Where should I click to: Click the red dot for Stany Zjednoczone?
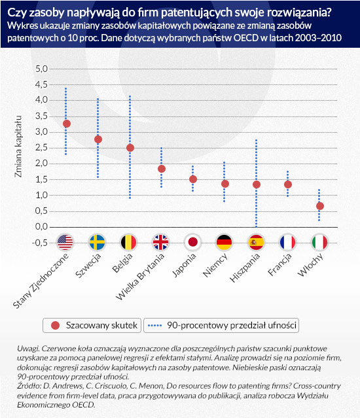[66, 124]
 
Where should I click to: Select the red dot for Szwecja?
[98, 139]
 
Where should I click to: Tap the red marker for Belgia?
[130, 148]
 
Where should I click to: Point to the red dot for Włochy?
[320, 206]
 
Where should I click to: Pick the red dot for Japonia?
[193, 179]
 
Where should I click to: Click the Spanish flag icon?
[257, 242]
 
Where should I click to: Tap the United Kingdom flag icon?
[160, 242]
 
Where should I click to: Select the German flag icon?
[225, 242]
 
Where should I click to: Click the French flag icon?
[288, 242]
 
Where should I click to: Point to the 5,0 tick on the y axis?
[41, 69]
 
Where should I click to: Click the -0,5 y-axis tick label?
[40, 243]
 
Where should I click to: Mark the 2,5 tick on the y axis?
[41, 148]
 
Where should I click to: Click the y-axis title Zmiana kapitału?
[18, 147]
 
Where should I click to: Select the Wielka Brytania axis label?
[140, 277]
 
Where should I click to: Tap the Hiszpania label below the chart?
[245, 268]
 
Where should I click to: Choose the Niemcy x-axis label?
[215, 265]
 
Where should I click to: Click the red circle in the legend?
[55, 325]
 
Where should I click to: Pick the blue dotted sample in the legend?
[154, 326]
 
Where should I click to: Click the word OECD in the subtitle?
[246, 38]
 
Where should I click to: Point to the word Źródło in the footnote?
[29, 386]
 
